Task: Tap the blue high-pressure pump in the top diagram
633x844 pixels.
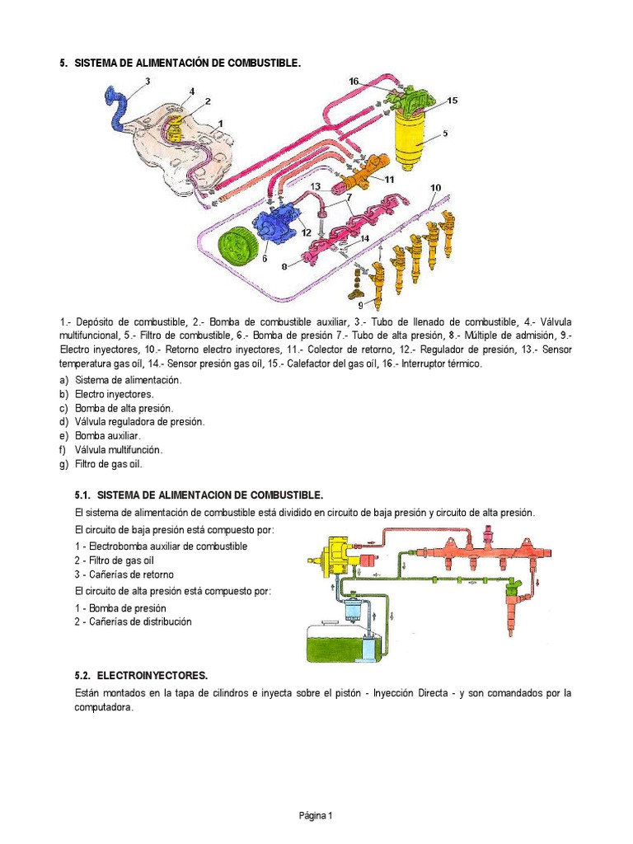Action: pos(277,225)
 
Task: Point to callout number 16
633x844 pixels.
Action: pos(354,82)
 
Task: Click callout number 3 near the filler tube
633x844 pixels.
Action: pos(148,82)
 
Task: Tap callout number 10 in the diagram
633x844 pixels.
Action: pos(435,188)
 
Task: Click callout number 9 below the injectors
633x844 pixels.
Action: pos(361,305)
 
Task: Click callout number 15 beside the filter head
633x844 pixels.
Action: pos(452,101)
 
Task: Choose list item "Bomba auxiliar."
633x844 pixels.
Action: pos(108,436)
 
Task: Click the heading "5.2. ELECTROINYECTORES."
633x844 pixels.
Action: pos(141,676)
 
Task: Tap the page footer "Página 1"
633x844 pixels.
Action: pos(316,815)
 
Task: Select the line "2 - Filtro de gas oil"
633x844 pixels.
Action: pos(114,560)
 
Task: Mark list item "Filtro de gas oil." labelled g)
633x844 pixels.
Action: pos(108,464)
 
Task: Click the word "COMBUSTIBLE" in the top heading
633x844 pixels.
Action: pos(264,63)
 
